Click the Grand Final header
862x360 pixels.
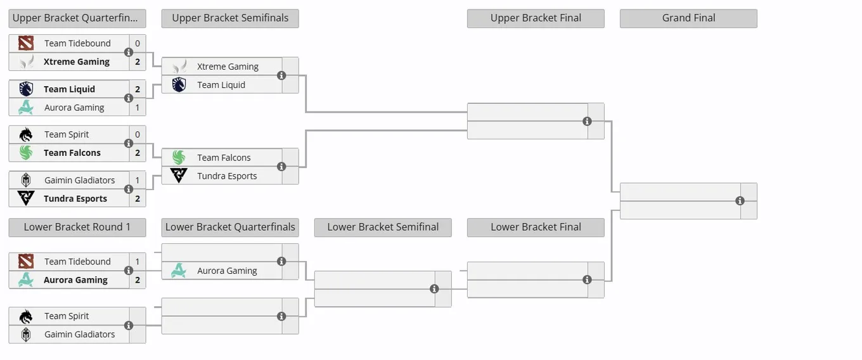coord(688,18)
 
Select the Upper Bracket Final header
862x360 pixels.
coord(536,18)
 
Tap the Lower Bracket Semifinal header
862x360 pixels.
coord(383,228)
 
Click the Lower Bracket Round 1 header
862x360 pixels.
coord(77,228)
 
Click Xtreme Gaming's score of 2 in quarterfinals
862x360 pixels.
coord(138,61)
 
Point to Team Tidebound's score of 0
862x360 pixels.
coord(138,44)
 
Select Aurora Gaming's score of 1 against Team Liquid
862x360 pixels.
coord(138,107)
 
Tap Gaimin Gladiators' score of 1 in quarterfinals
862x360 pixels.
coord(138,180)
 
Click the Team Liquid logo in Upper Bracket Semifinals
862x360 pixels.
coord(179,85)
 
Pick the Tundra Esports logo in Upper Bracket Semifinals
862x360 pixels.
coord(179,176)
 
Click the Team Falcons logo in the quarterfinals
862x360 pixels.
coord(26,153)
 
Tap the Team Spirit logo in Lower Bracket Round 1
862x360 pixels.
coord(26,316)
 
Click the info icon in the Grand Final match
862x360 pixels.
coord(740,201)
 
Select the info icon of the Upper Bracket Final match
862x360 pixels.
coord(587,121)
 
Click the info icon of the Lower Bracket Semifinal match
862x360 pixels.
coord(434,289)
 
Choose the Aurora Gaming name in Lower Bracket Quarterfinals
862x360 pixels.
coord(227,271)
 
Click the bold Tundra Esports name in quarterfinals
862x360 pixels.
coord(75,198)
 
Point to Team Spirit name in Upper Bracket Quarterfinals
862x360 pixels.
coord(67,134)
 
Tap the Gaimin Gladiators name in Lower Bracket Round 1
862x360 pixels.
coord(80,334)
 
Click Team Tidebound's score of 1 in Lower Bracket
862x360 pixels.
coord(138,262)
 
